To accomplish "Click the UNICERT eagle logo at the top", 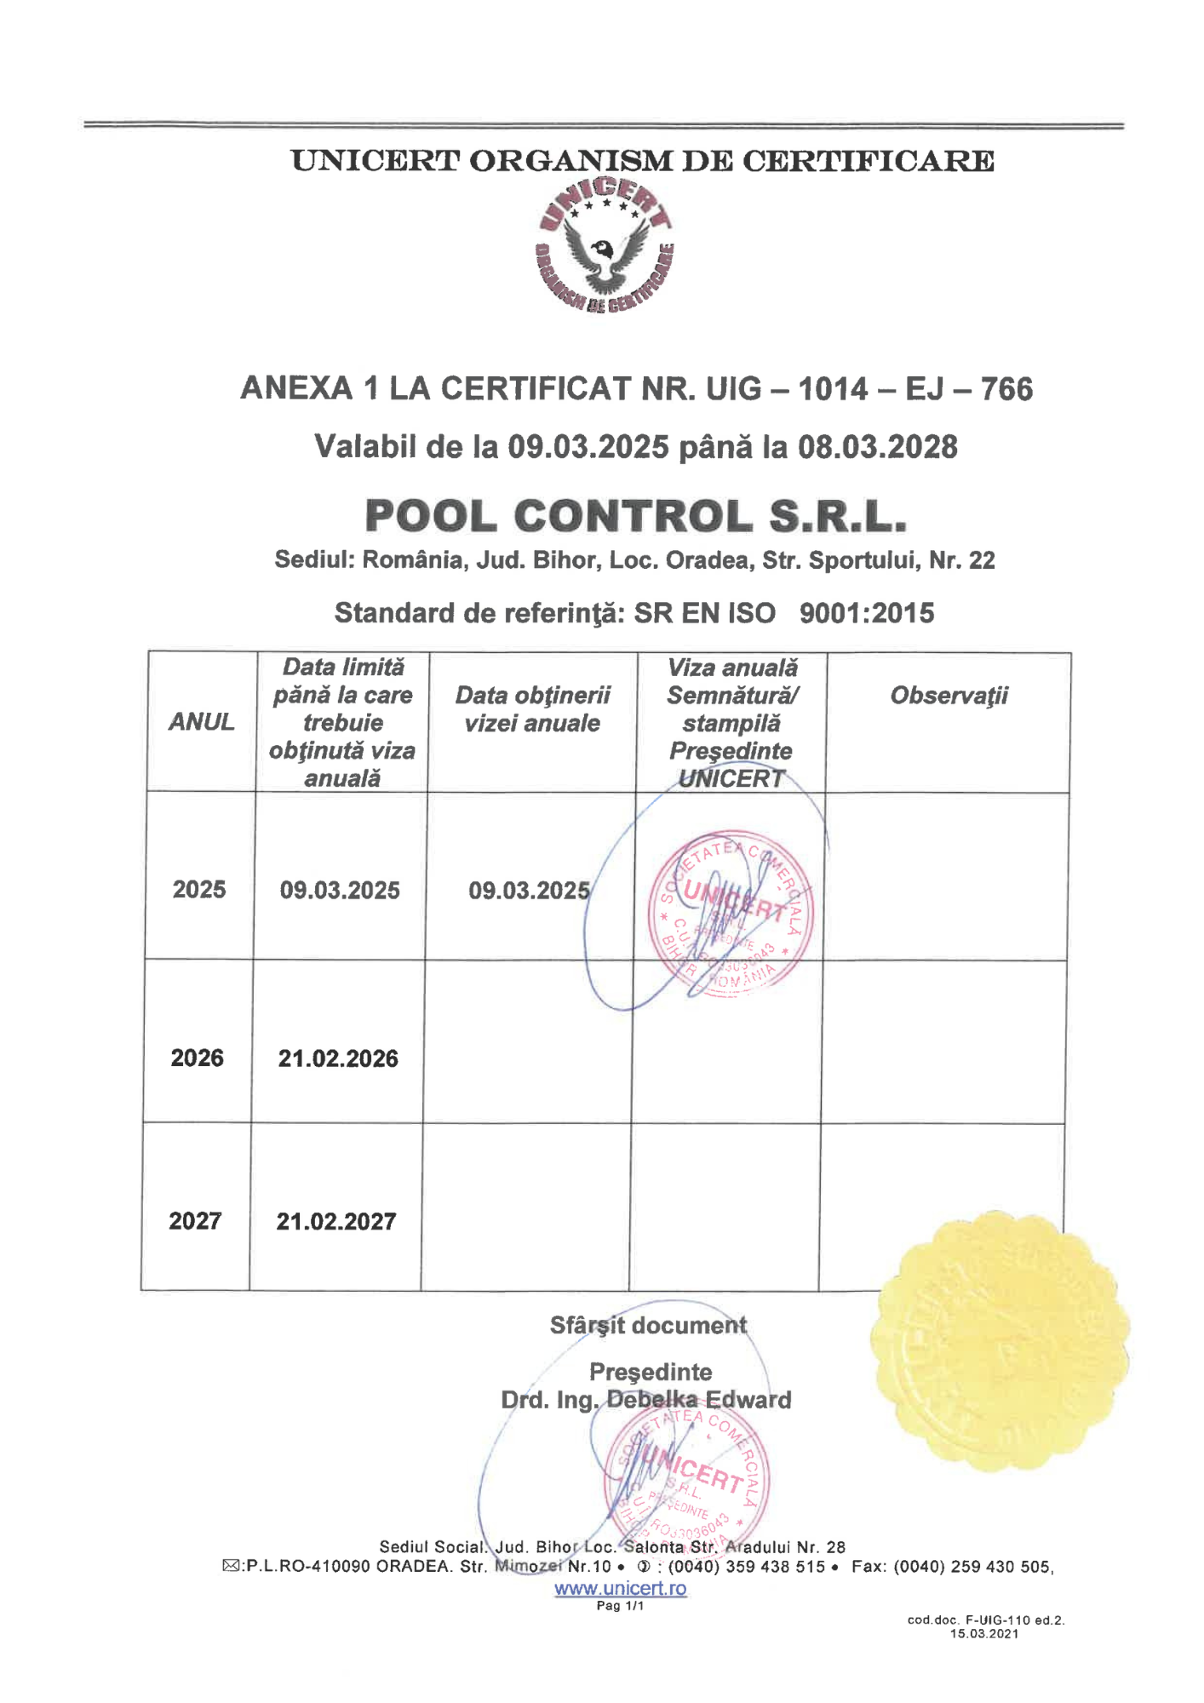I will tap(605, 246).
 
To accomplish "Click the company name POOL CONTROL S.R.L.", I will tap(635, 516).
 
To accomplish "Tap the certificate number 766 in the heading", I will tap(1006, 389).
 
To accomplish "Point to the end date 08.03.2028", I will tap(877, 447).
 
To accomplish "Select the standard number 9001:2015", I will tap(866, 613).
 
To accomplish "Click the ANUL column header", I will tap(201, 722).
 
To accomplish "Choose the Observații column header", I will tap(949, 696).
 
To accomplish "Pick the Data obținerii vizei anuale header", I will tap(532, 709).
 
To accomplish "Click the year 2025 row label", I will tap(199, 890).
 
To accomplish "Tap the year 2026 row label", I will tap(198, 1058).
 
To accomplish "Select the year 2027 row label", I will tap(195, 1221).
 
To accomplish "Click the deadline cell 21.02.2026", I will tap(338, 1058).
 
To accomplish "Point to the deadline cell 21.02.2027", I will tap(336, 1222).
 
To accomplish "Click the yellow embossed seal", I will tap(1000, 1345).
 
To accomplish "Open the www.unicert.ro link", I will tap(620, 1588).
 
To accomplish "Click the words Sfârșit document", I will tap(648, 1326).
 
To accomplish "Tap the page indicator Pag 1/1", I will tap(620, 1606).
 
